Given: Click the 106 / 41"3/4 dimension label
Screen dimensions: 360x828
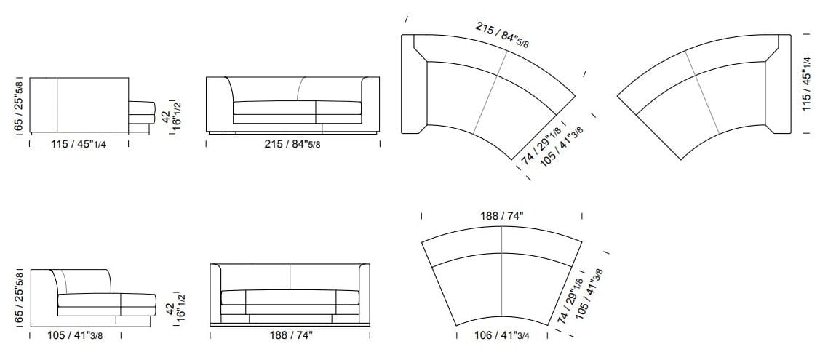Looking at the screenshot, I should pos(502,336).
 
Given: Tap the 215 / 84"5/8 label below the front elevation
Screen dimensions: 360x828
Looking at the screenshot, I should pos(292,144).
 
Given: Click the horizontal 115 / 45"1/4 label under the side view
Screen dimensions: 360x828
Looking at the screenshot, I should pos(78,144).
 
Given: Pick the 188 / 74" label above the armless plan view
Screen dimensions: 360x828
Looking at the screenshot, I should pos(501,216).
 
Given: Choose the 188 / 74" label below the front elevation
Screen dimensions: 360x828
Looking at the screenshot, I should pos(290,336).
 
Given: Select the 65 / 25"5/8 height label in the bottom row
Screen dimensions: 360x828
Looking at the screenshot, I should pos(20,297).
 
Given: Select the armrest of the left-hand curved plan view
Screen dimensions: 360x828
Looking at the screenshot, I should pos(413,84).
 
